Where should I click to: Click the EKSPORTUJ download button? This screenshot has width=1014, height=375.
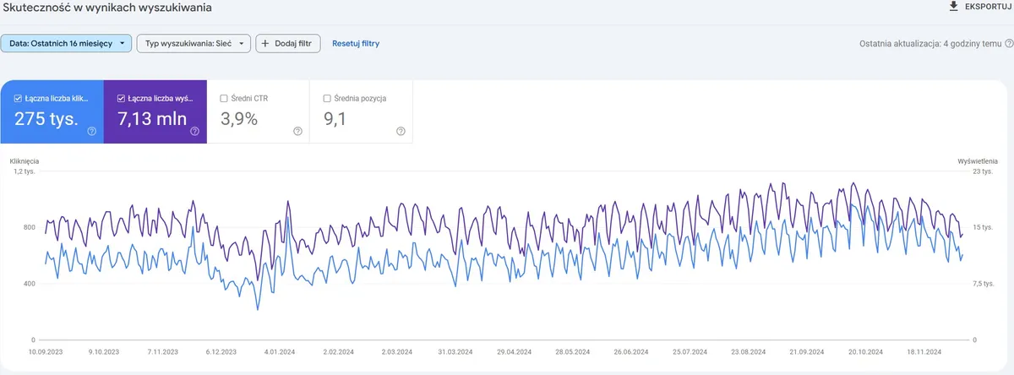click(980, 7)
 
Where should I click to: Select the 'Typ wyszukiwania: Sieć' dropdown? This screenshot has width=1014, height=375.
click(194, 43)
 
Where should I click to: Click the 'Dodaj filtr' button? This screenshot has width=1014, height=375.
click(288, 43)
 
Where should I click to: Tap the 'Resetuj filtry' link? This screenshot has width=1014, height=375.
click(356, 43)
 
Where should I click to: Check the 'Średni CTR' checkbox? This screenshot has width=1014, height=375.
click(223, 99)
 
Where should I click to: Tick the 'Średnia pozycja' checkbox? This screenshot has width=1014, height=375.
click(327, 99)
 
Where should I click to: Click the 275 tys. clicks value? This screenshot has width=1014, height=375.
click(46, 119)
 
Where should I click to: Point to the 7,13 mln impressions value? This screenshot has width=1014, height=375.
click(152, 119)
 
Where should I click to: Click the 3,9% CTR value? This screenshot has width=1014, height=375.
click(239, 119)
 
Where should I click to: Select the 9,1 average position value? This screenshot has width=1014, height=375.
click(336, 119)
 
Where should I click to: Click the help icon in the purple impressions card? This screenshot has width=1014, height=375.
click(194, 131)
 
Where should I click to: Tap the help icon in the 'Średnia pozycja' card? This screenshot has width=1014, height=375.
click(401, 131)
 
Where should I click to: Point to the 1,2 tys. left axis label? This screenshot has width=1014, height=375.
click(23, 171)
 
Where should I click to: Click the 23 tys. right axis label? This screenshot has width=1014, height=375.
click(983, 171)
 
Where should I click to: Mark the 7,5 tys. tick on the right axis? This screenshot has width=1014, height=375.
click(984, 284)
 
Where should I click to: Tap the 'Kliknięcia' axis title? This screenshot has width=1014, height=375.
click(25, 160)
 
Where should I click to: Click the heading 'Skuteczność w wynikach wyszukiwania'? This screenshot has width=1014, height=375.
click(108, 8)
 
